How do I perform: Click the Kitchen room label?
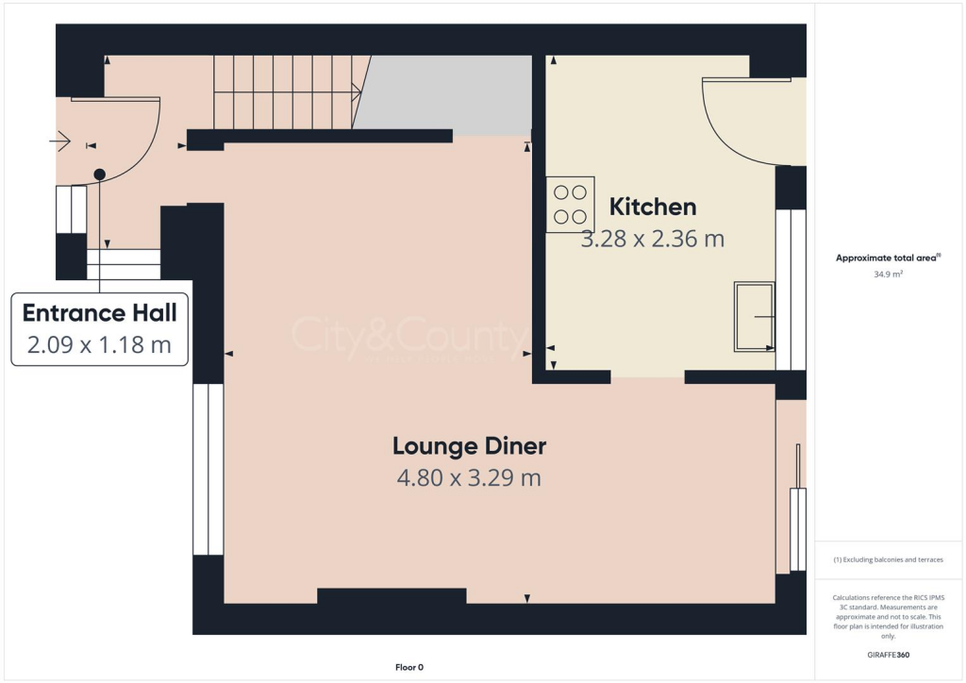coord(653,207)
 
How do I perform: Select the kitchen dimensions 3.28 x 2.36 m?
coord(653,239)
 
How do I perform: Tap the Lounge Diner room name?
coord(469,445)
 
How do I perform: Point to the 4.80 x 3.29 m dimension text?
coord(469,478)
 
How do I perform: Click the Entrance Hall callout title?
coord(100,313)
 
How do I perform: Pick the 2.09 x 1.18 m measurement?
coord(100,345)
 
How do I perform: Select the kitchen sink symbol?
coord(755,317)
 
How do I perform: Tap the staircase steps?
coord(288,91)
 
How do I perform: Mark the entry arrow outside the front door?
coord(59,142)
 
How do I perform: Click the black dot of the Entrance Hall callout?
coord(99,175)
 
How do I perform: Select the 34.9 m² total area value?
coord(888,275)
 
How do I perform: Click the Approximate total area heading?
coord(888,258)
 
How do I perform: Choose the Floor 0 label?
coord(409,668)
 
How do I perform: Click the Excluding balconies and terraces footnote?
coord(888,559)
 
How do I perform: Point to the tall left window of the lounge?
coord(208,469)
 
